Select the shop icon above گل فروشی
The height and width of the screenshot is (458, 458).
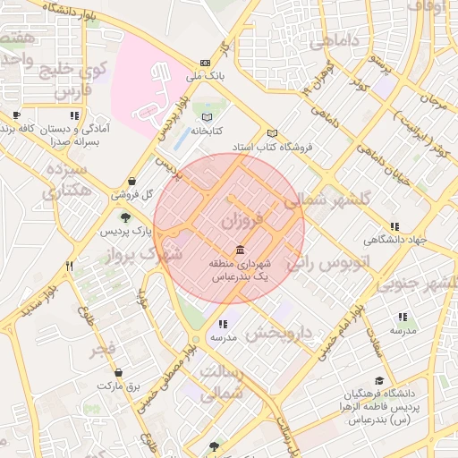[x=132, y=181]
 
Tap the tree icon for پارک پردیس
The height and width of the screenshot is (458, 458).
[x=124, y=217]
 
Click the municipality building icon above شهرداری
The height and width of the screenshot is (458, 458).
[x=240, y=250]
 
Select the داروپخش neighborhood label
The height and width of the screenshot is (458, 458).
[x=281, y=334]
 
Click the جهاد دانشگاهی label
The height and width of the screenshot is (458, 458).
[x=394, y=240]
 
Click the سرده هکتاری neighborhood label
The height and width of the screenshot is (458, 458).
[x=64, y=180]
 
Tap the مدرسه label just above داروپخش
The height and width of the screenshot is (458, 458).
[x=221, y=339]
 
